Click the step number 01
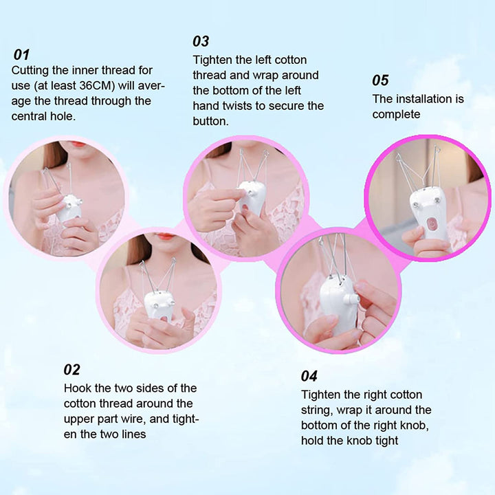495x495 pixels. [22, 54]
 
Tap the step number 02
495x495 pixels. [72, 370]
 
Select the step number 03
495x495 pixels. [201, 41]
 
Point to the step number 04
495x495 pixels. [309, 376]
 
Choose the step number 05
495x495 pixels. [381, 80]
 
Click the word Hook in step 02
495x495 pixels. [77, 388]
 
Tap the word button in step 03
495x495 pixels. [210, 121]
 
